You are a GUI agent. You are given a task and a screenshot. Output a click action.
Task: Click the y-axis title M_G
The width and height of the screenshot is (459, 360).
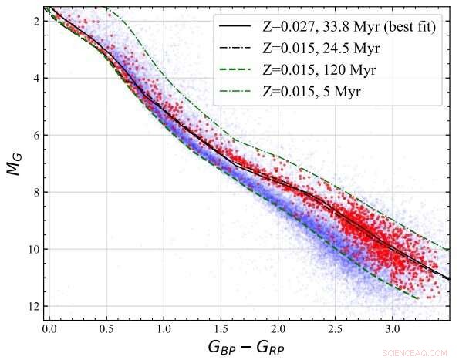tap(15, 163)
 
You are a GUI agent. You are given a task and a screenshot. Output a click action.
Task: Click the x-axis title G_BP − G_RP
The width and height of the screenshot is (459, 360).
tap(246, 346)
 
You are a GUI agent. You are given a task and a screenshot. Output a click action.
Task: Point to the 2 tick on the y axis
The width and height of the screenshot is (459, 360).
tap(35, 21)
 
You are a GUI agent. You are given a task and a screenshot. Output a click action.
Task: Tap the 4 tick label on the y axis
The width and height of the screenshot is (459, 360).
tap(35, 78)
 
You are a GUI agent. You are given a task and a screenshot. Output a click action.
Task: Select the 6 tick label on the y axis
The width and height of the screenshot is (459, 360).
tap(35, 135)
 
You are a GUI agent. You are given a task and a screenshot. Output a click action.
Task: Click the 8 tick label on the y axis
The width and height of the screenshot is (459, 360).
tap(35, 192)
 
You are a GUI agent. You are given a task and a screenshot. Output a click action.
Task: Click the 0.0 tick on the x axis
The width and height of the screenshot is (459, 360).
tap(49, 328)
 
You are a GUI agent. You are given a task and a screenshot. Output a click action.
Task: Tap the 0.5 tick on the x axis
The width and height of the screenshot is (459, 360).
tap(106, 328)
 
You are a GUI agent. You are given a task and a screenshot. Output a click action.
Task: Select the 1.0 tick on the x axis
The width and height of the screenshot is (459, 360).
tap(164, 328)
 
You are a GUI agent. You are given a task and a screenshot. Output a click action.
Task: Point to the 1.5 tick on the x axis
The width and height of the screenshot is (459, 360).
tap(221, 328)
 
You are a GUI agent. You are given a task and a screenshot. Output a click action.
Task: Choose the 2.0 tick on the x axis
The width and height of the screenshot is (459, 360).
tap(278, 328)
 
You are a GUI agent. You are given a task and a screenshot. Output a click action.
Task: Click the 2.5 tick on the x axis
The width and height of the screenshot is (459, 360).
tap(335, 328)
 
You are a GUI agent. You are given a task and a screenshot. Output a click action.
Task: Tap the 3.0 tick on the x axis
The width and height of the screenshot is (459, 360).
tap(392, 328)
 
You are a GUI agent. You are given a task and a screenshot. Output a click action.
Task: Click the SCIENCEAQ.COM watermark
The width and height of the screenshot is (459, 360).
tap(414, 352)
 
